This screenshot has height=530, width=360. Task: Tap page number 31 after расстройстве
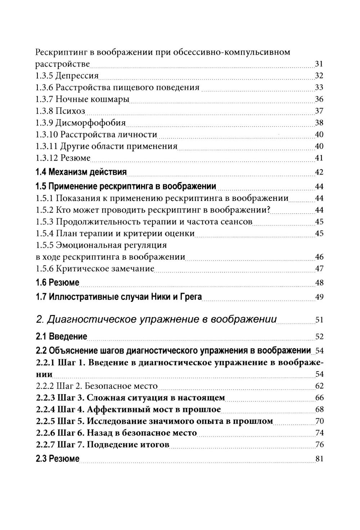point(319,64)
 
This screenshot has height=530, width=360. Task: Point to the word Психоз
point(70,111)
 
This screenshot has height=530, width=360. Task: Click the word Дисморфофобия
point(90,123)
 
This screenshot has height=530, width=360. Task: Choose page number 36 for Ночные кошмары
point(319,99)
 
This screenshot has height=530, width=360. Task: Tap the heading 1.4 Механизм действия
point(81,172)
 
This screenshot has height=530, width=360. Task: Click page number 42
point(319,172)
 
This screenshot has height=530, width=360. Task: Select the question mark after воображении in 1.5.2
point(269,210)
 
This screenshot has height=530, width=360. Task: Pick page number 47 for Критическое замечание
point(319,269)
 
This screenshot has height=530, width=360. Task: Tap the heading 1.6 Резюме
point(57,283)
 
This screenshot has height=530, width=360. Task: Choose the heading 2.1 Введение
point(61,337)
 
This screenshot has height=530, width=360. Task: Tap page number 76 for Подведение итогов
point(319,445)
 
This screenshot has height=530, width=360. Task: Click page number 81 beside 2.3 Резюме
point(319,459)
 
